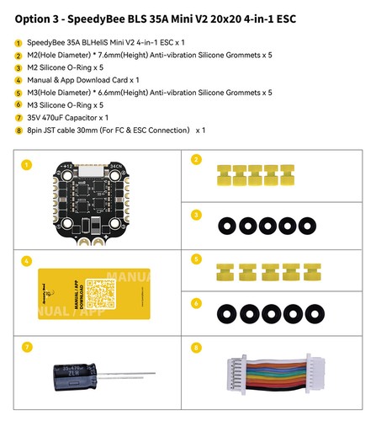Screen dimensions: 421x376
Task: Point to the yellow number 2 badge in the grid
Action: coord(196,159)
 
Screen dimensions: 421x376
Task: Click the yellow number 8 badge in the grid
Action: coord(196,346)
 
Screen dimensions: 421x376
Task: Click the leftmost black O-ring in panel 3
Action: coord(227,226)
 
